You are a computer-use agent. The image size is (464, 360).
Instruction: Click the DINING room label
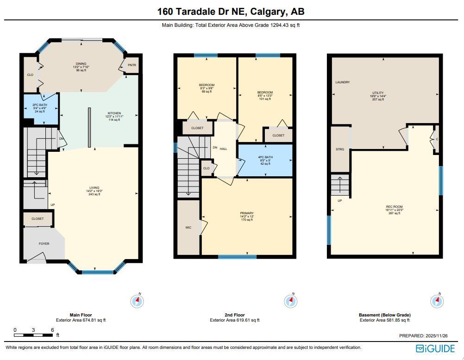[x=81, y=64]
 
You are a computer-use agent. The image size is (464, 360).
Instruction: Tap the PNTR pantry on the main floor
[x=132, y=66]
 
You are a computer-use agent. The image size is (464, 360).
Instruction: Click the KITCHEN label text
[x=114, y=113]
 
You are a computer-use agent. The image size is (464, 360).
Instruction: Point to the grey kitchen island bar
[x=89, y=128]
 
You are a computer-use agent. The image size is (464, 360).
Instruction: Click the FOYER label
[x=44, y=243]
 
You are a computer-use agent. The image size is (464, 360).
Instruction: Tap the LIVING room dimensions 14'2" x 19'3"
[x=94, y=191]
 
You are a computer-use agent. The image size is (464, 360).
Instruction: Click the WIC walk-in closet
[x=188, y=227]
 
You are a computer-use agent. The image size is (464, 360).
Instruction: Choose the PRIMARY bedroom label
[x=246, y=213]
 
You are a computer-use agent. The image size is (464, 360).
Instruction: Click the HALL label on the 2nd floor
[x=223, y=149]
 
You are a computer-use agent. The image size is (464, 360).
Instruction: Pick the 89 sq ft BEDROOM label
[x=207, y=85]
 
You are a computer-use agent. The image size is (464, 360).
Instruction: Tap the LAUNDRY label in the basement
[x=343, y=82]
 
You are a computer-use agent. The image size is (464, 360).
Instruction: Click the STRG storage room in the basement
[x=340, y=149]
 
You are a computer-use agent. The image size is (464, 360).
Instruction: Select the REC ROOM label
[x=395, y=207]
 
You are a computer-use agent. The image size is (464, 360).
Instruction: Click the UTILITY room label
[x=378, y=93]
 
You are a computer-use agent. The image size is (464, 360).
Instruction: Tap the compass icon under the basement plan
[x=437, y=301]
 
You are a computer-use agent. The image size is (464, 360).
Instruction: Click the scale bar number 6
[x=53, y=330]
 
